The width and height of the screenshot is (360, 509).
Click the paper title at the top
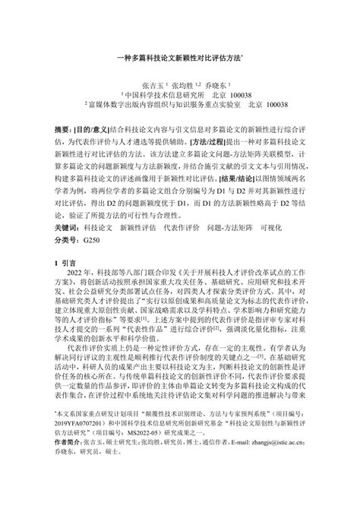point(179,57)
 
